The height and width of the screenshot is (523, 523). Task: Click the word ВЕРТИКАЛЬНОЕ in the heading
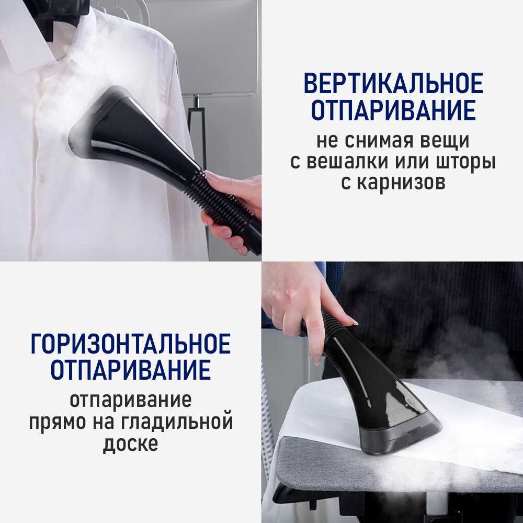coord(393,83)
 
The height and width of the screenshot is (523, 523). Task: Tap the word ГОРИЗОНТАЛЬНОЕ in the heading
coord(130,343)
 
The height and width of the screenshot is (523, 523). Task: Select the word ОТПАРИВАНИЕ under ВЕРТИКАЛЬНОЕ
coord(393,110)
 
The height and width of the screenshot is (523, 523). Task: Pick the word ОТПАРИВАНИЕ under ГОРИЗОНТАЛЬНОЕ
coord(130,370)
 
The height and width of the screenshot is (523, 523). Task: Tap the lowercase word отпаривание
coord(130,400)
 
